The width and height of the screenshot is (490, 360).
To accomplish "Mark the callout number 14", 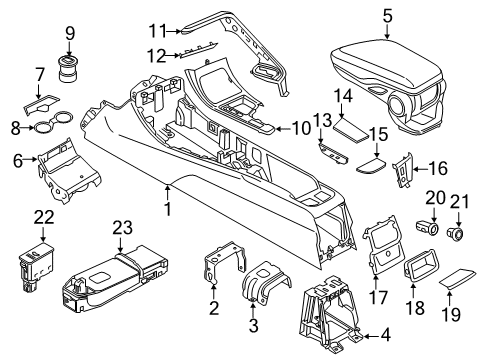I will pyautogui.click(x=343, y=95).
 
